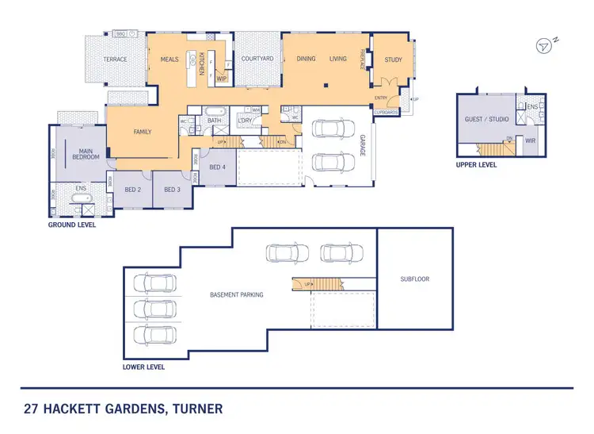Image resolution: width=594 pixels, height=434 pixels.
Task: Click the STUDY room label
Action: (393, 60)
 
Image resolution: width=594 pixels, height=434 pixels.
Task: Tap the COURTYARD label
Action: (257, 59)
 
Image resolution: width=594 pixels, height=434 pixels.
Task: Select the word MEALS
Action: (169, 59)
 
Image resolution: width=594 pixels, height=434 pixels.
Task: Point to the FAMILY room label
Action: (143, 132)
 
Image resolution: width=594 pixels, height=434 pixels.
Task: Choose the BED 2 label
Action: (132, 190)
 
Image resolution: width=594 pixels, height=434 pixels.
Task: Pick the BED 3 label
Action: (173, 190)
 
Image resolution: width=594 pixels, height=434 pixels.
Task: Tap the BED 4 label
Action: (217, 167)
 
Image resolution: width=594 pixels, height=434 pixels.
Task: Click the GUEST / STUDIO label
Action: (485, 119)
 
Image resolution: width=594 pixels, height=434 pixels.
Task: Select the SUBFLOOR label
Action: (415, 279)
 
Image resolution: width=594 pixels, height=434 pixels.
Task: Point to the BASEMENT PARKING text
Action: (237, 294)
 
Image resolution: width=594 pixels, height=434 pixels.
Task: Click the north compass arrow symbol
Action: (543, 46)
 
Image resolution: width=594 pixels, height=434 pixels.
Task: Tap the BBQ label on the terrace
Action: (121, 34)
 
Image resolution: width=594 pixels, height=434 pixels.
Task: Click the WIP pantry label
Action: (222, 79)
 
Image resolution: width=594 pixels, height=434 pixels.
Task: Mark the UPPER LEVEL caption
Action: (477, 166)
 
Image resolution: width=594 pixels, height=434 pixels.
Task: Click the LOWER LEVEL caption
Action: (143, 367)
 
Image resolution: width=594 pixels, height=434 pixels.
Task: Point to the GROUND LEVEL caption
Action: (72, 225)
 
